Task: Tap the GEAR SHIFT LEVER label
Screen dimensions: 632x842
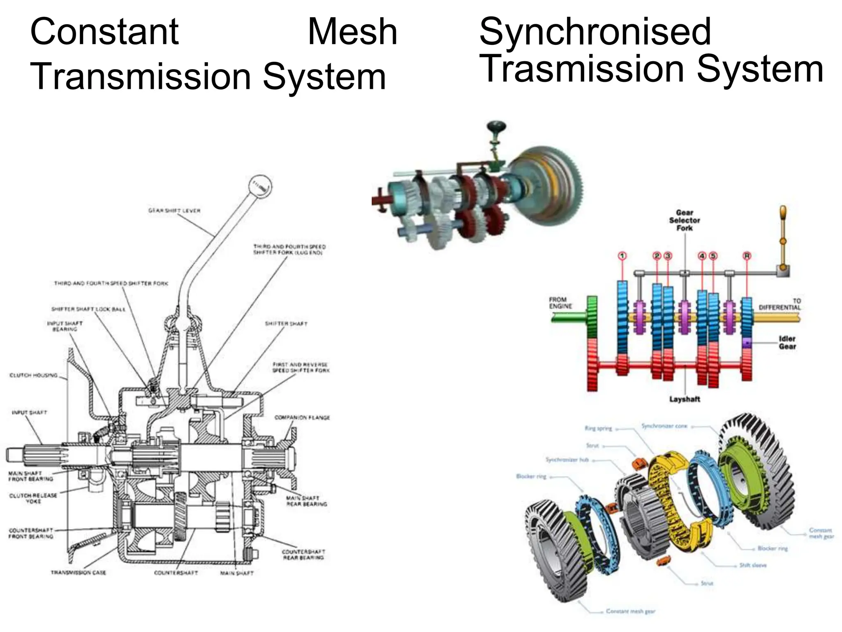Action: point(174,211)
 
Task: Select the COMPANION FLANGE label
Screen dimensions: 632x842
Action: point(302,418)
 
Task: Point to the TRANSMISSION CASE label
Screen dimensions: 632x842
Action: point(78,573)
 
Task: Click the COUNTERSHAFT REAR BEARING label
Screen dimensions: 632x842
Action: point(303,555)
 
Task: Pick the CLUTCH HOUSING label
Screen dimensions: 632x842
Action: point(33,375)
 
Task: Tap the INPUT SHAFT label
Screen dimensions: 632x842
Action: point(30,412)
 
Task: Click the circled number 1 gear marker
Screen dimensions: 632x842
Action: point(622,256)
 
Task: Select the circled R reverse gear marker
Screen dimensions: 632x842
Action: point(747,256)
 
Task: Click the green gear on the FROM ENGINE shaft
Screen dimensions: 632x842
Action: point(592,317)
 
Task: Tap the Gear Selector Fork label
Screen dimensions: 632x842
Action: point(685,220)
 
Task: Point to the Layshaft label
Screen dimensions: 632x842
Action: point(685,399)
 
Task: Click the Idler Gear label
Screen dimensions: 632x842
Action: point(787,342)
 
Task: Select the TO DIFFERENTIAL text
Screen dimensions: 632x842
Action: point(780,304)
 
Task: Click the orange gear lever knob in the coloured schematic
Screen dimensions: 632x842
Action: point(783,214)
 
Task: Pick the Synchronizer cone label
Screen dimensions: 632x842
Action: point(664,426)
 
